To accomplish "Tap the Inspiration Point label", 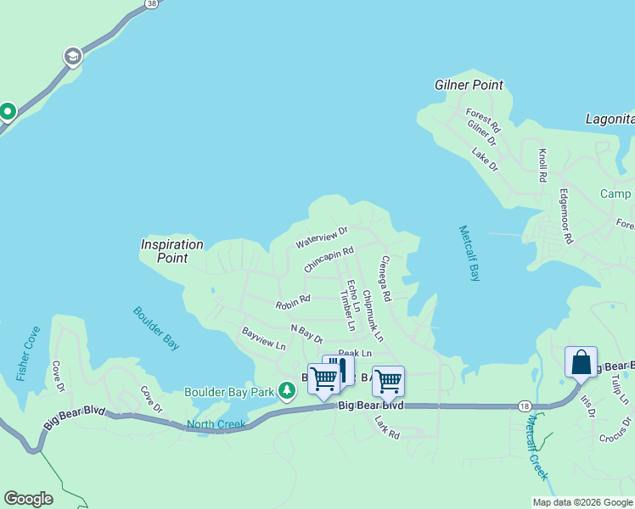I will pos(172,251).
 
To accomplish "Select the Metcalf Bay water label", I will pos(469,253).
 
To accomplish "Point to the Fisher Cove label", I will pos(28,354).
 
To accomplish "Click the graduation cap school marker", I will pos(73,57).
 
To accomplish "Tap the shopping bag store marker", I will pos(582,362).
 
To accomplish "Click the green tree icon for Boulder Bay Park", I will pos(288,390).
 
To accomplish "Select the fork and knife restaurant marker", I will pos(340,368).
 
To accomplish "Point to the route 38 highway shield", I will pos(151,4).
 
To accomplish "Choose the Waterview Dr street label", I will pos(322,238).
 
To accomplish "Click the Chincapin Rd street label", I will pos(329,260).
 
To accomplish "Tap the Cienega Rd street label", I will pos(385,280).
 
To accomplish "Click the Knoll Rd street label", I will pos(542,166).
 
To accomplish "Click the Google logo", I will pos(28,499).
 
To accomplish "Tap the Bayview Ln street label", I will pos(264,338).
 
